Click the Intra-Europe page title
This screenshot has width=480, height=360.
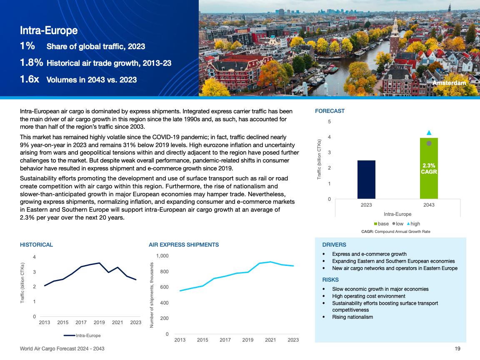(49, 30)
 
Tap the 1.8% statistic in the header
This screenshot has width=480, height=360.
(31, 63)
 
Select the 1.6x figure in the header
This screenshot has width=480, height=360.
(29, 79)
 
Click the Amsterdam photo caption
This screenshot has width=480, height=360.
(449, 83)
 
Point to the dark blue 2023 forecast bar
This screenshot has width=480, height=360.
(366, 180)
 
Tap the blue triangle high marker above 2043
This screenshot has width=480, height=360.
(429, 133)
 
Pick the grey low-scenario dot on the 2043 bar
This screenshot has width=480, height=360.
(429, 143)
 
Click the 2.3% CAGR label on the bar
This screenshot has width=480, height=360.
(429, 168)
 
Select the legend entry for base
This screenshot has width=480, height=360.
(381, 224)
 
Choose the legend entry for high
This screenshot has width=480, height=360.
(413, 224)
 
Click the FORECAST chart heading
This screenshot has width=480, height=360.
(330, 111)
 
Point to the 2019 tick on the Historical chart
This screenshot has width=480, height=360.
(99, 322)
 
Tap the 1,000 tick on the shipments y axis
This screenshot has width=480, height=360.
(162, 256)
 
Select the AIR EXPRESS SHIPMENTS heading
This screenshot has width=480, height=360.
(184, 245)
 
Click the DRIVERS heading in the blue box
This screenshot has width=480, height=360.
(334, 245)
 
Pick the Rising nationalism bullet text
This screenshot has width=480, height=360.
(352, 317)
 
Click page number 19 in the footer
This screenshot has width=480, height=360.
(457, 348)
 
